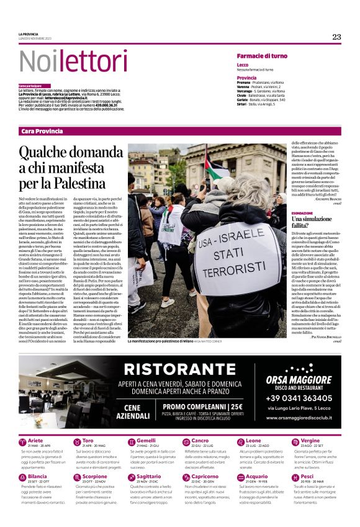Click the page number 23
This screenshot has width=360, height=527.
(336, 37)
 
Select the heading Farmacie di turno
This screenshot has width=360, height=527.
(261, 56)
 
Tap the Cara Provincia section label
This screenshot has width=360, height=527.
(42, 131)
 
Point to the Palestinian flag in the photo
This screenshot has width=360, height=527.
(214, 168)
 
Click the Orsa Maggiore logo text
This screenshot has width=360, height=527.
(298, 378)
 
